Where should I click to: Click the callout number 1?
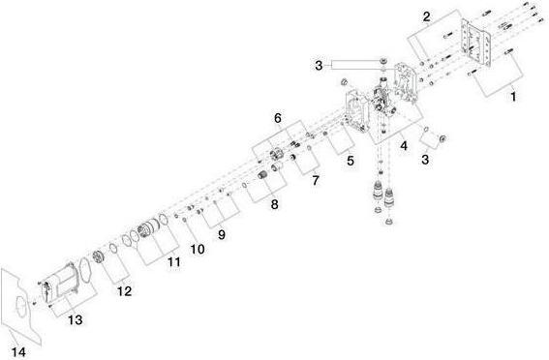pos(513,97)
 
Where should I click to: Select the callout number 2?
pos(426,16)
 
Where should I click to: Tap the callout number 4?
pos(404,146)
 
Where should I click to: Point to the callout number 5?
pos(351,161)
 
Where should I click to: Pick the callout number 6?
pos(278,118)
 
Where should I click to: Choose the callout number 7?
pos(316,181)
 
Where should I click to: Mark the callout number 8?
pos(275,204)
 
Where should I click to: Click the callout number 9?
pos(222,234)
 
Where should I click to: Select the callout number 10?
pos(198,249)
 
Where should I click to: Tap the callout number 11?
pos(174,261)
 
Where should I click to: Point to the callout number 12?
pos(124,291)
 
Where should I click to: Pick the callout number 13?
pos(76,319)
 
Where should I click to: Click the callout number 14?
pos(18,351)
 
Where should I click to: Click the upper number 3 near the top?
pos(319,66)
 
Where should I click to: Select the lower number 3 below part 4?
pos(425,160)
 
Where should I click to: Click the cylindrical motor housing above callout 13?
pos(60,282)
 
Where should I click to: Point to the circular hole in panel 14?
pos(21,307)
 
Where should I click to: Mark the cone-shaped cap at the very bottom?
pos(388,221)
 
